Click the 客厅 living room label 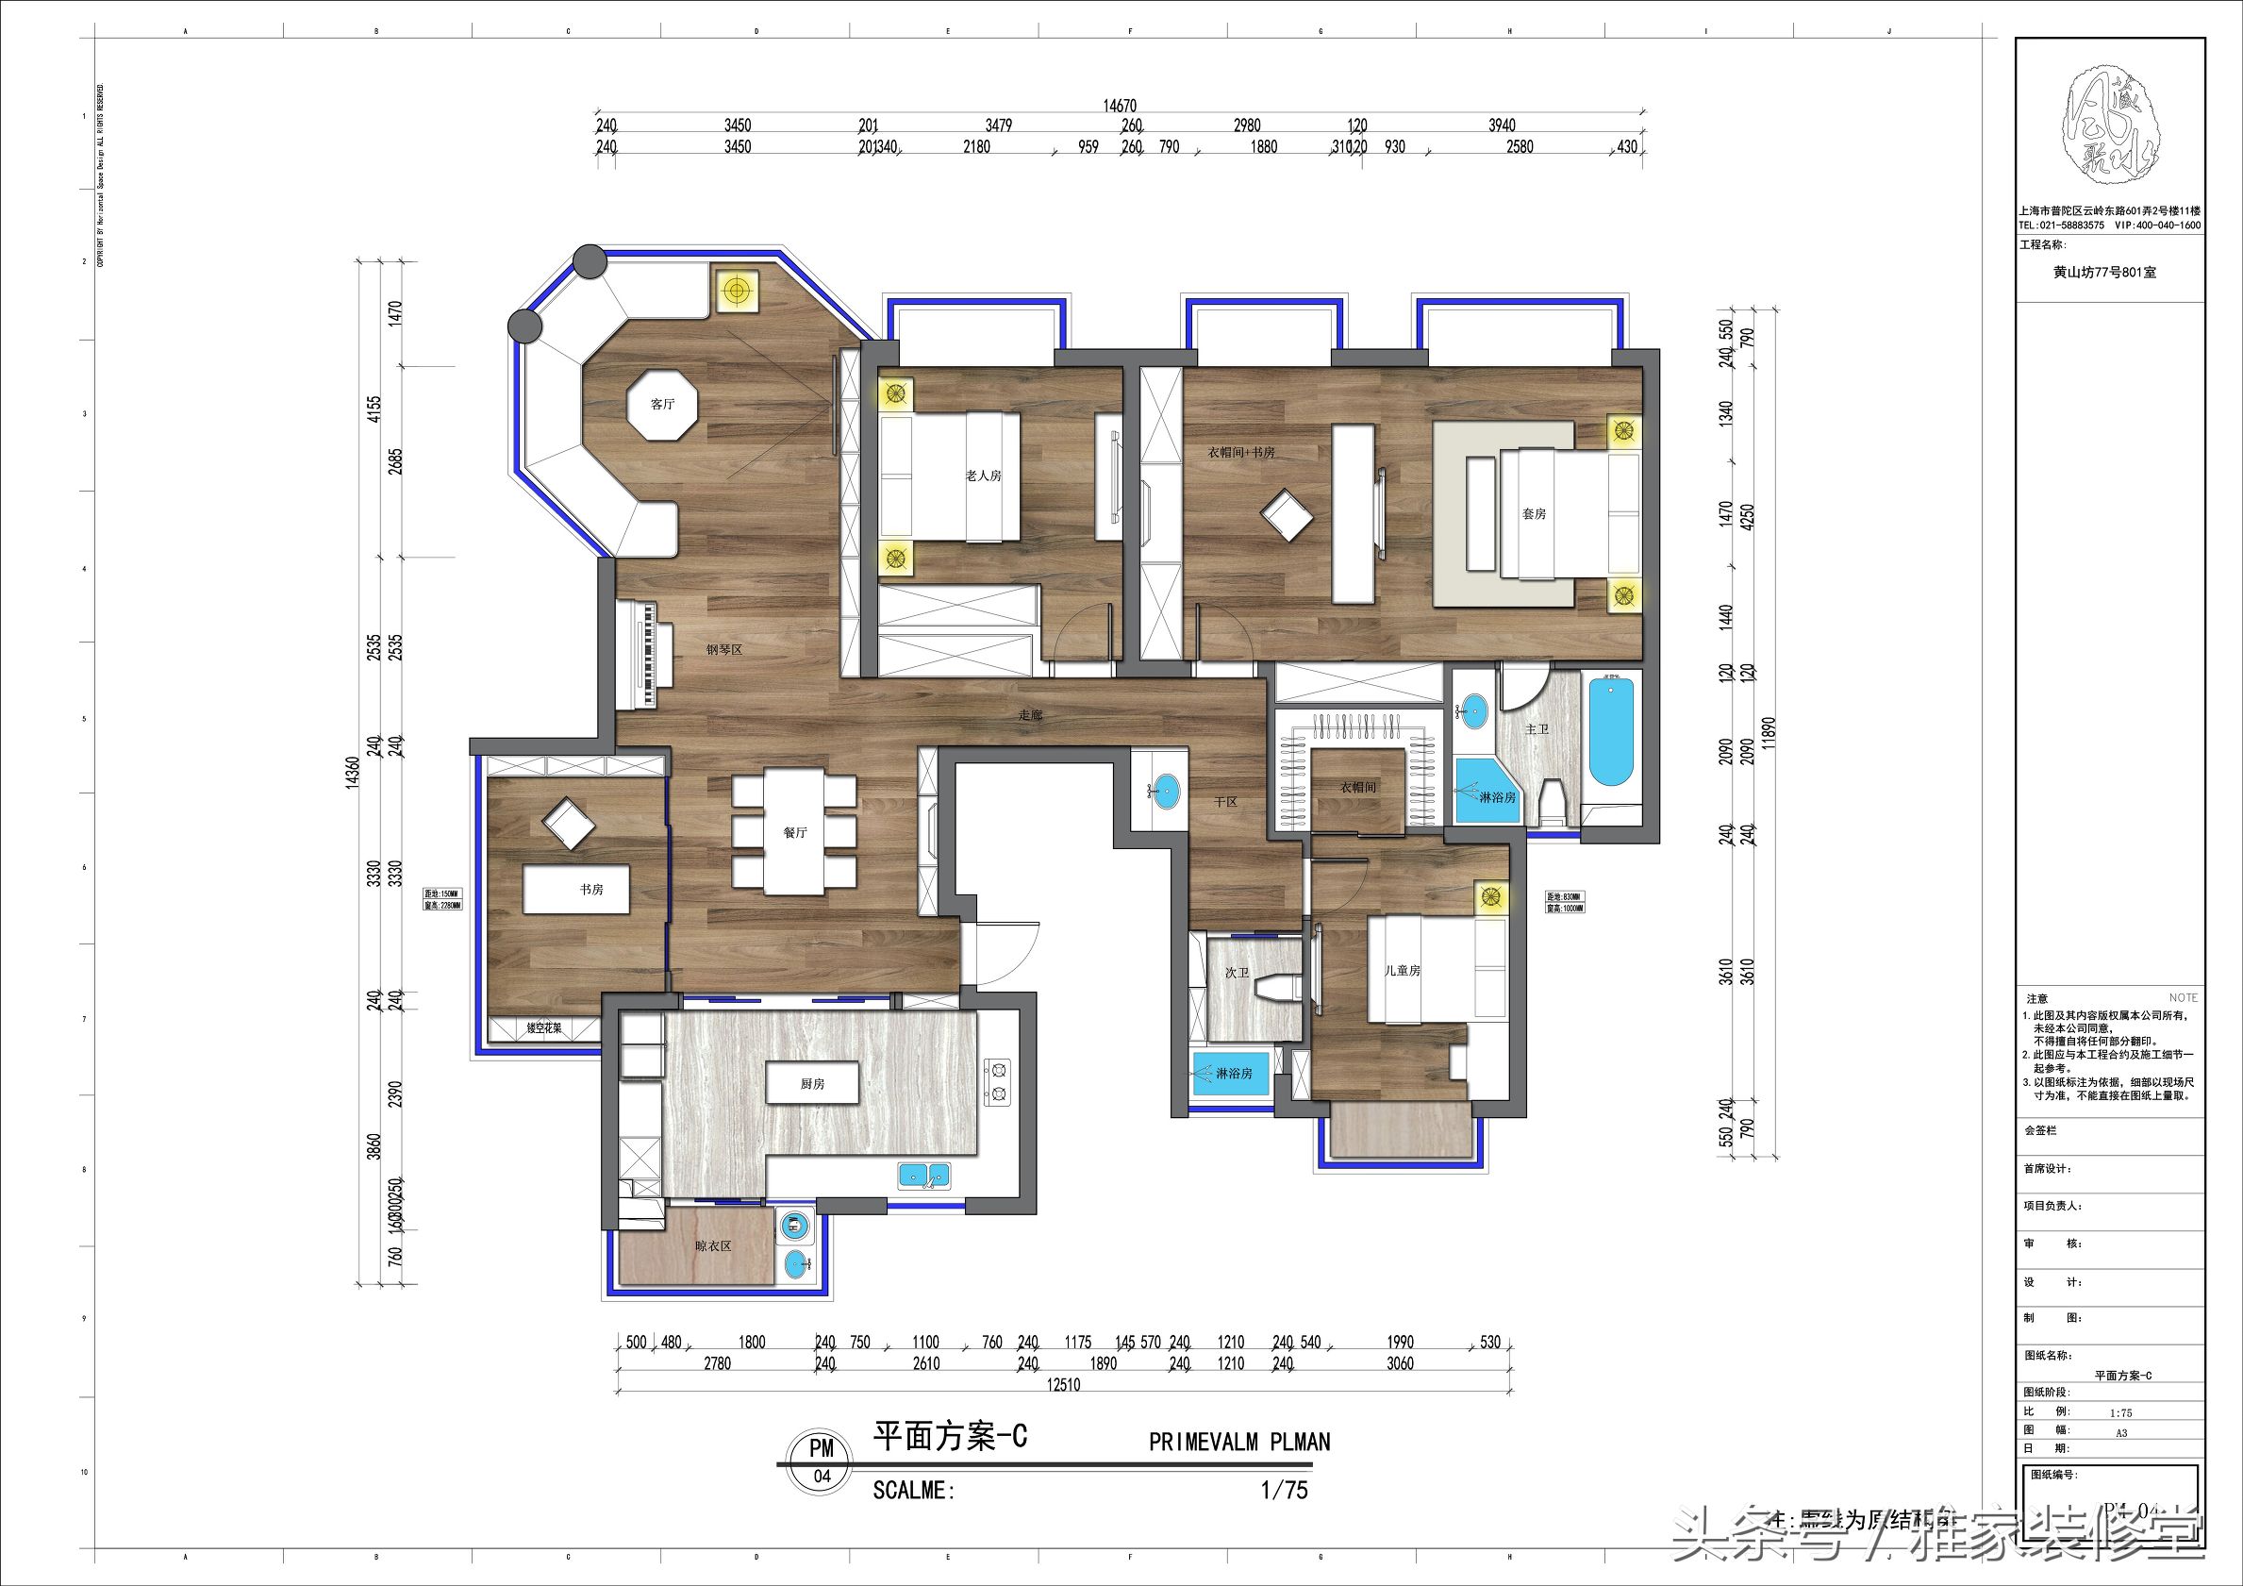tap(662, 404)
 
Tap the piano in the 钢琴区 tap(644, 656)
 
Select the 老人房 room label tap(983, 476)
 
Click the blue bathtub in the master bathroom tap(1611, 733)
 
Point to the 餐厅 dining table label tap(794, 832)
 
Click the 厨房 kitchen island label tap(812, 1084)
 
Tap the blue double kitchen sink tap(923, 1176)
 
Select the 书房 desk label tap(591, 890)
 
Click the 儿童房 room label tap(1402, 970)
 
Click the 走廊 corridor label tap(1031, 715)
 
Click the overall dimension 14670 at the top tap(1120, 106)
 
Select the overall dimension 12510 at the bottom tap(1063, 1385)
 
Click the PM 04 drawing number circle tap(822, 1461)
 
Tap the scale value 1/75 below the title tap(1284, 1490)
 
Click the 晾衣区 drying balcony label tap(713, 1246)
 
